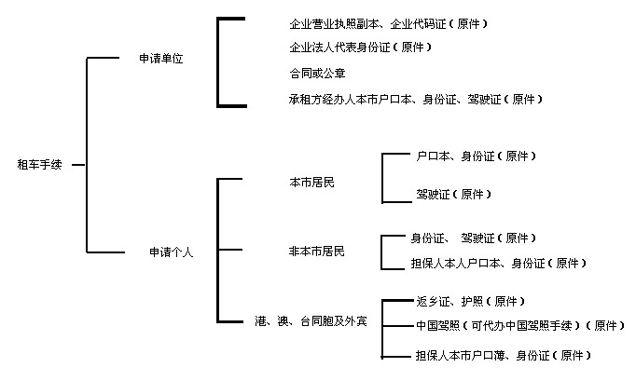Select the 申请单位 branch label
pos(161,58)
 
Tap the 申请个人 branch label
pos(171,252)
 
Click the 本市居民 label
pos(311,182)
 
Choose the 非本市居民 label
pos(316,252)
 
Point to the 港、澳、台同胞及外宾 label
pos(311,321)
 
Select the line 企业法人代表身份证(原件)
pos(361,47)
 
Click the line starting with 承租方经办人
pos(416,98)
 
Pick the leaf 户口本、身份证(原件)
pos(476,156)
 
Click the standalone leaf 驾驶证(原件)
pos(453,194)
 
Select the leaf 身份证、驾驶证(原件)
pos(473,238)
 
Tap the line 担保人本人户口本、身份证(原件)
pos(499,264)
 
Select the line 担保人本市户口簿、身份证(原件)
pos(503,355)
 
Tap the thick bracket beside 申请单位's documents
pos(219,61)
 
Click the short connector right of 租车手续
pos(78,166)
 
